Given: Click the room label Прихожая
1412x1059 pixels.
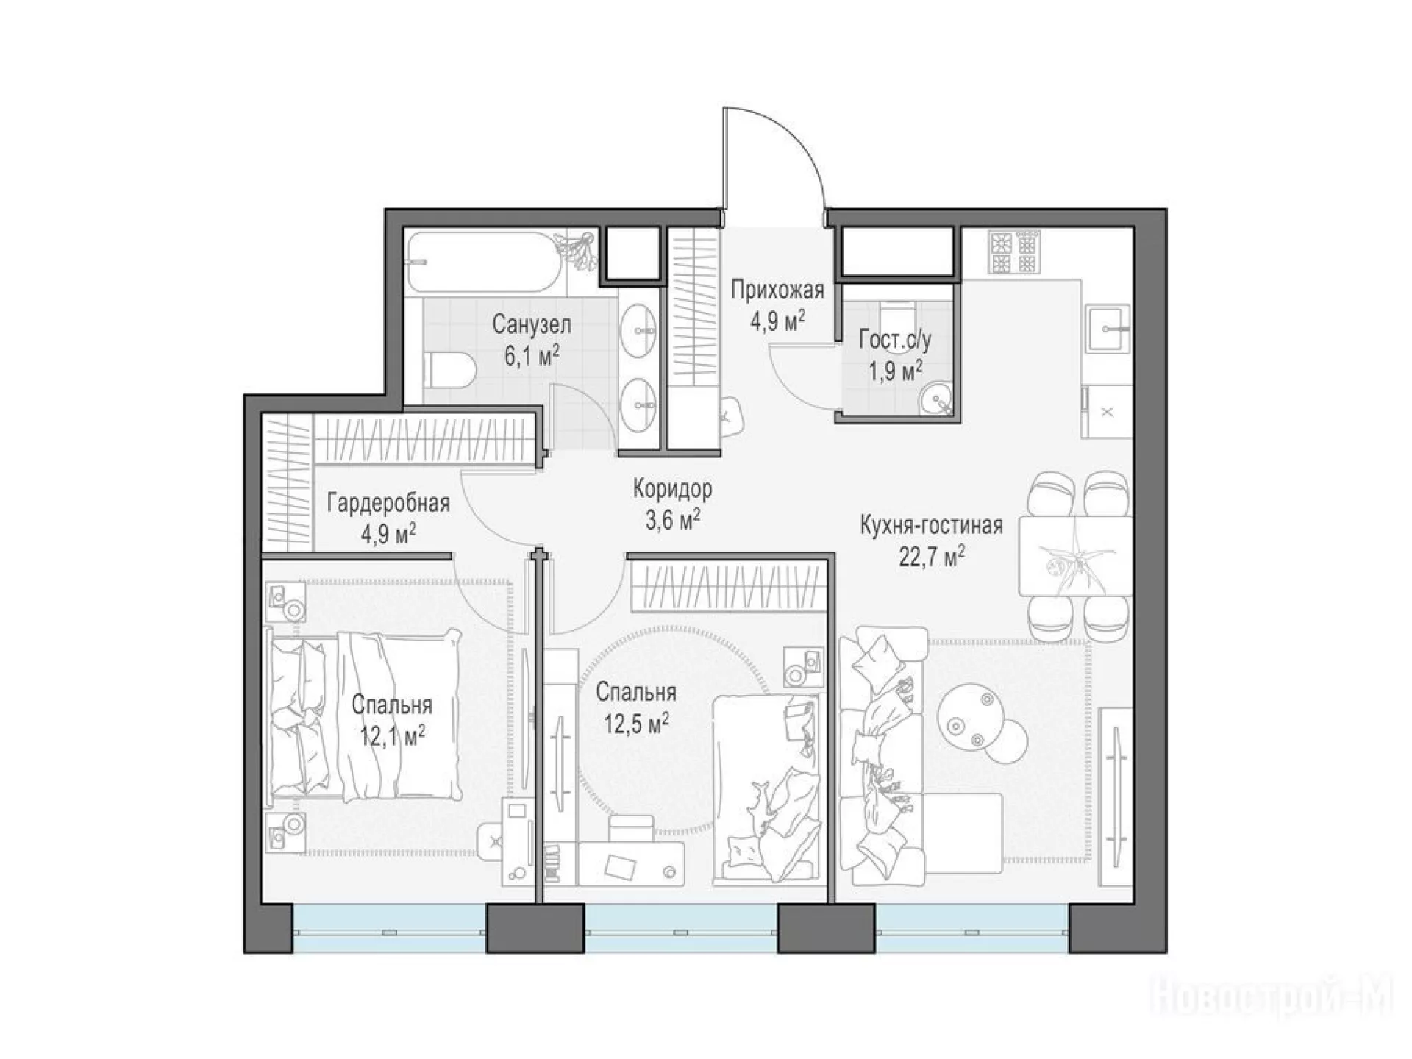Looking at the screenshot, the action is coord(777,290).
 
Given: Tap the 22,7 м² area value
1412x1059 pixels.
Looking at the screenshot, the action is coord(932,556).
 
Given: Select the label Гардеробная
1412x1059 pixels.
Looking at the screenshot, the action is coord(388,504).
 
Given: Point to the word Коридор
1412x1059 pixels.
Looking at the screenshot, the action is coord(673,488).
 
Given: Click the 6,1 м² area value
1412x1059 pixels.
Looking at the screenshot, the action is coord(531,357).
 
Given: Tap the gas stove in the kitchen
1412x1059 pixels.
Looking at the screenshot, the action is coord(1015,253).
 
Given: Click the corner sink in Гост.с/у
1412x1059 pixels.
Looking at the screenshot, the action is coord(935,400).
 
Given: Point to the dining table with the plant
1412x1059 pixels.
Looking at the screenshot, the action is coord(1074,555).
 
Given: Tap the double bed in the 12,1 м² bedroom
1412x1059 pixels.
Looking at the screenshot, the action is coord(365,714).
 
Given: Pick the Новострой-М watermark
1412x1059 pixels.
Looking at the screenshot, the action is coord(1270,997).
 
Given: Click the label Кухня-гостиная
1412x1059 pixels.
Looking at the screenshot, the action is coord(932,526).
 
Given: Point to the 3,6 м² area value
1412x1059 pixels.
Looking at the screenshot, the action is coord(673,519).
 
